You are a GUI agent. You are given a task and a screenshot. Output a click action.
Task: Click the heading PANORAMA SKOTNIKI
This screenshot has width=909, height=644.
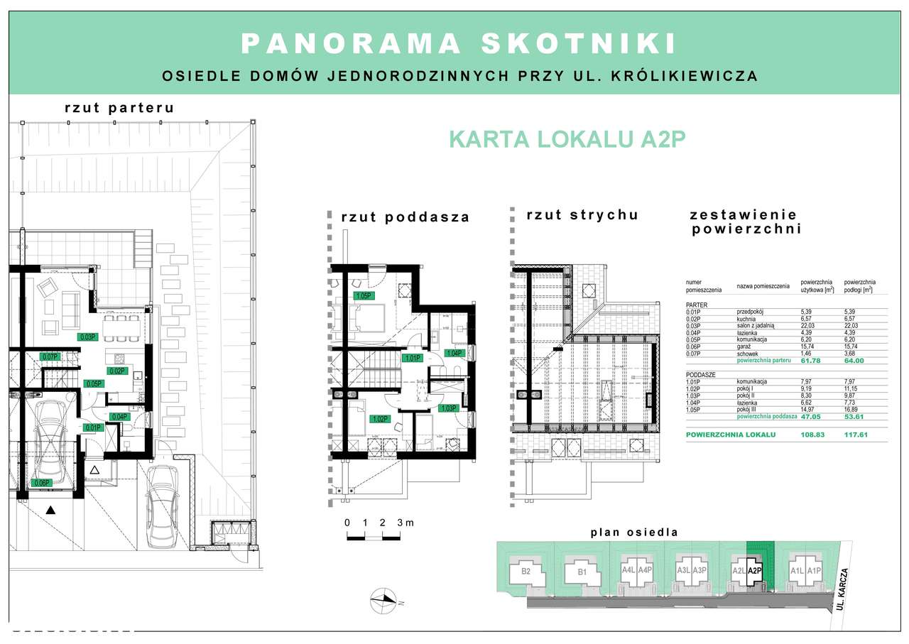tap(458, 44)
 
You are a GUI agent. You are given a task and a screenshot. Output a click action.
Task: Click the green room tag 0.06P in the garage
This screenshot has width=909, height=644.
tap(42, 484)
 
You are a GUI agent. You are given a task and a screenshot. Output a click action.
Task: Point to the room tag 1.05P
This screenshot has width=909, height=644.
tap(364, 295)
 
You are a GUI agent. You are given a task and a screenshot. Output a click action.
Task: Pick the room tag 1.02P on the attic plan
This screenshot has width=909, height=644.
tap(380, 419)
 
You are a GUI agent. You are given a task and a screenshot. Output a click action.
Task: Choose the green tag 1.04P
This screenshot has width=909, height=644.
tap(453, 353)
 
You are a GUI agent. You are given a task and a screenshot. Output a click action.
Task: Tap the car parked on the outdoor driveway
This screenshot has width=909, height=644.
tap(163, 506)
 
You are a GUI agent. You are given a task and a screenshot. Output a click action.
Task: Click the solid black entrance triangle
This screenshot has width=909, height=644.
tap(50, 509)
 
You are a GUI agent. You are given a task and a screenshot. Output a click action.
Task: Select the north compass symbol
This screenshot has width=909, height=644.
tap(382, 601)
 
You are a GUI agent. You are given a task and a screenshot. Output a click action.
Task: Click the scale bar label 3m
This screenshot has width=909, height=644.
tap(405, 523)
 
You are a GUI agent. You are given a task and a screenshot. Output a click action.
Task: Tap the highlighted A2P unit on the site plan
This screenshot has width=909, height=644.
tap(754, 569)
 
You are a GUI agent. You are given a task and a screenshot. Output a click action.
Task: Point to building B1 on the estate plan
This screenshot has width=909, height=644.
tap(582, 571)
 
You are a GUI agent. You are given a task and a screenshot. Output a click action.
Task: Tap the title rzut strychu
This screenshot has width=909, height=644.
tap(582, 215)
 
